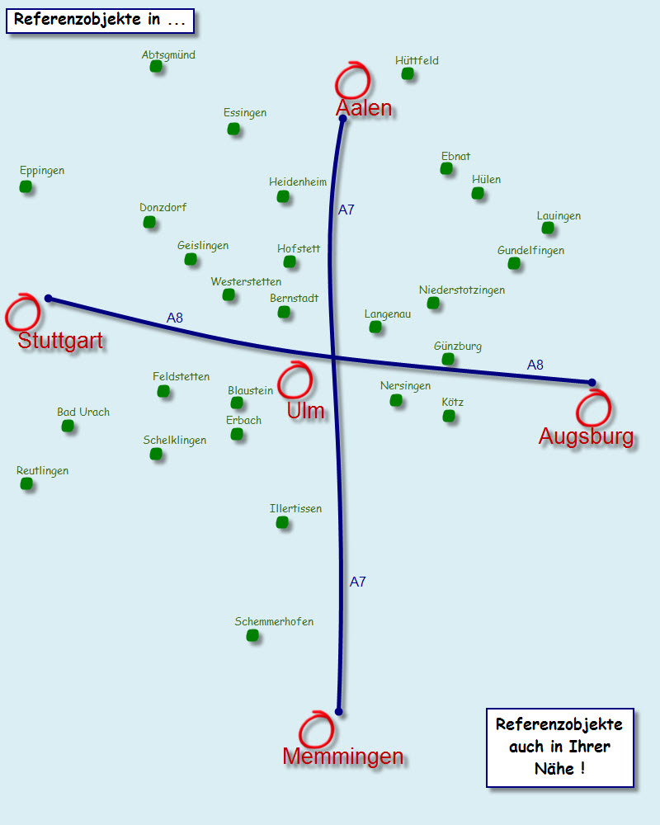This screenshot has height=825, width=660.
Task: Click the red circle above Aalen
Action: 353,80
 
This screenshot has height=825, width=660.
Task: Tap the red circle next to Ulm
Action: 295,381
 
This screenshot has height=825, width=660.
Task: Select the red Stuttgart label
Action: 61,341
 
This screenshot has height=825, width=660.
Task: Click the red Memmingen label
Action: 342,756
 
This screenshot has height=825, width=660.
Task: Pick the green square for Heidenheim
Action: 283,196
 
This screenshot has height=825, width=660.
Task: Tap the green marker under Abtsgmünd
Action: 156,67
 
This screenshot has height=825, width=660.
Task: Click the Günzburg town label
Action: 458,346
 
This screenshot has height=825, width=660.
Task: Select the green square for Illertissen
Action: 283,522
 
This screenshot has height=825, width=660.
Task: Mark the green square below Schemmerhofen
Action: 252,635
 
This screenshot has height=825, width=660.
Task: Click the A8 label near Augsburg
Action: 535,365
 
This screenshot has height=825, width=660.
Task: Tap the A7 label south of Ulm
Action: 357,582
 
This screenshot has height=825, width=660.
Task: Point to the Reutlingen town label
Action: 43,471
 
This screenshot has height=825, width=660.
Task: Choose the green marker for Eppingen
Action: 26,187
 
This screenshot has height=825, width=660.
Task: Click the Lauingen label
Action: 559,216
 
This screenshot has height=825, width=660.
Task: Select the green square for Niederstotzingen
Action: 433,304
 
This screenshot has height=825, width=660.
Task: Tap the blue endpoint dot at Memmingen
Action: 338,711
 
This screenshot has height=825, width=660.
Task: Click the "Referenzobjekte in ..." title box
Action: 100,21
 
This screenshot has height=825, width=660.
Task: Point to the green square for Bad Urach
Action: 68,426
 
